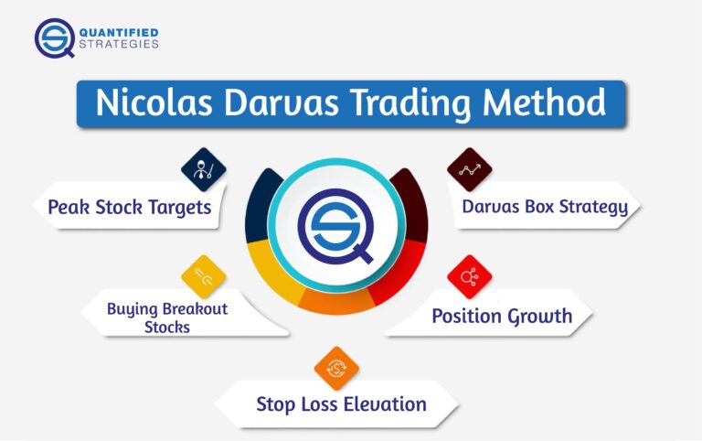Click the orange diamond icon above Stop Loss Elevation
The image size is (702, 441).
click(336, 369)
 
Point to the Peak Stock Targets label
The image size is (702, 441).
click(129, 208)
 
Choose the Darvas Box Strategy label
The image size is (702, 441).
click(545, 206)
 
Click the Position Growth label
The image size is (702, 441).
click(502, 317)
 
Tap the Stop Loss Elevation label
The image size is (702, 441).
click(341, 403)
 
